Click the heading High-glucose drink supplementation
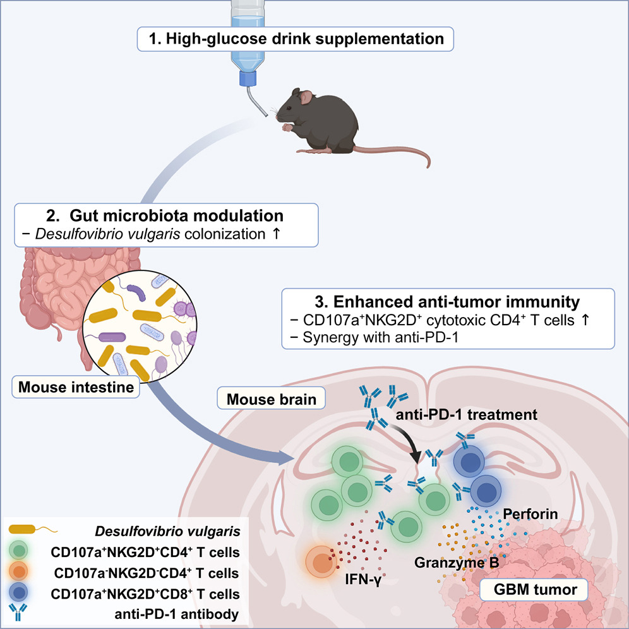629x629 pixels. pyautogui.click(x=295, y=39)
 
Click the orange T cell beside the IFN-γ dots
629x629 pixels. pyautogui.click(x=323, y=560)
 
